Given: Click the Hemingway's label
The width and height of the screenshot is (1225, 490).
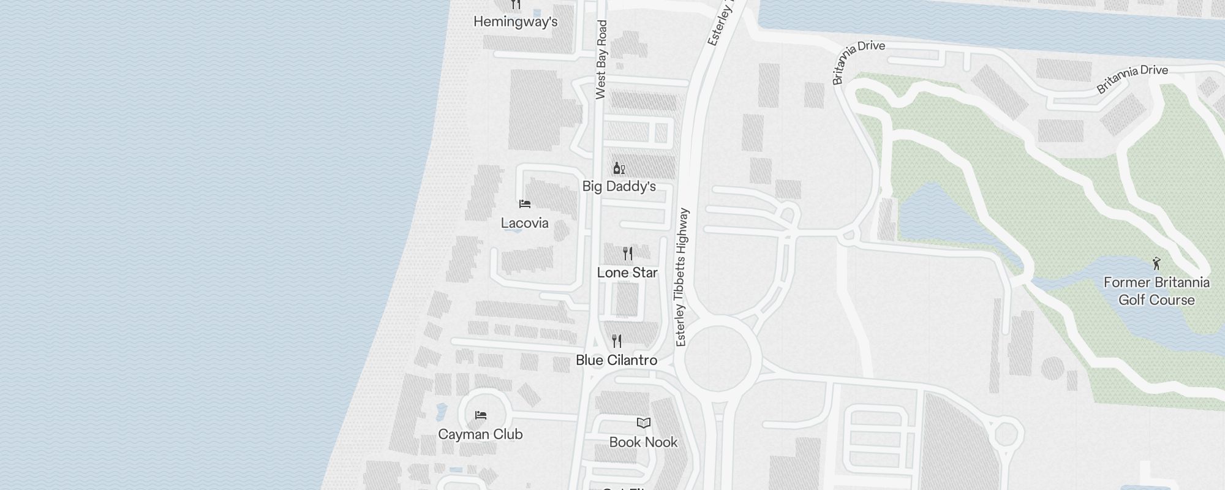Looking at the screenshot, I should coord(515,22).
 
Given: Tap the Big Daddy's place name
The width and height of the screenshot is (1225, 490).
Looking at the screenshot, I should coord(619,186).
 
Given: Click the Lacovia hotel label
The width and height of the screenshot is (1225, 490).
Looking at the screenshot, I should coord(524,223).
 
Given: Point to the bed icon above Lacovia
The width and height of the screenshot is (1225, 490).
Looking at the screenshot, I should coord(524,204).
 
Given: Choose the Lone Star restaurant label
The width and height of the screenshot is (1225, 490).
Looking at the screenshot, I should coord(627,273).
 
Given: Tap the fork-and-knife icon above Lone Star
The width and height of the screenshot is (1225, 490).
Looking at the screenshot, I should coord(627,253).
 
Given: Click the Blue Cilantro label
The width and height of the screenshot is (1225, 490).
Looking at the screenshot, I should coord(616,360).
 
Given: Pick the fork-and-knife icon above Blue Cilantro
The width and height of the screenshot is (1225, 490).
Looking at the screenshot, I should coord(617,341).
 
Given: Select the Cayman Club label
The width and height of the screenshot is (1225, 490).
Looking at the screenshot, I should coord(480,434).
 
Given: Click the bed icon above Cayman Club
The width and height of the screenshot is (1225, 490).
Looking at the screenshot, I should coord(481,415).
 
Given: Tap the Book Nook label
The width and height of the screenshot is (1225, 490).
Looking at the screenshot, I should coord(643,442).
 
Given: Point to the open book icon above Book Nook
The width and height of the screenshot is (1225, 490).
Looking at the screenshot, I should coord(643,423).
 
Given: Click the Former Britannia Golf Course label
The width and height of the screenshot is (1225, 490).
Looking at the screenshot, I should coord(1156,291).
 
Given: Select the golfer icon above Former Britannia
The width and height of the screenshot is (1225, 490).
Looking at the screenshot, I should coord(1156,263).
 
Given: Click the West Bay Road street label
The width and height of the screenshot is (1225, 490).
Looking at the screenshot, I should coord(601,59).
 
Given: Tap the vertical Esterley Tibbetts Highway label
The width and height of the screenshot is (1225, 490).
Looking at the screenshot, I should coord(682,277).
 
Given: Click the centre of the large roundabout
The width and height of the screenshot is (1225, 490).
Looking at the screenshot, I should coord(717,358).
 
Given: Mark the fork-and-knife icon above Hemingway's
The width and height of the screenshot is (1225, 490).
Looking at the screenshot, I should coord(516,5).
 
